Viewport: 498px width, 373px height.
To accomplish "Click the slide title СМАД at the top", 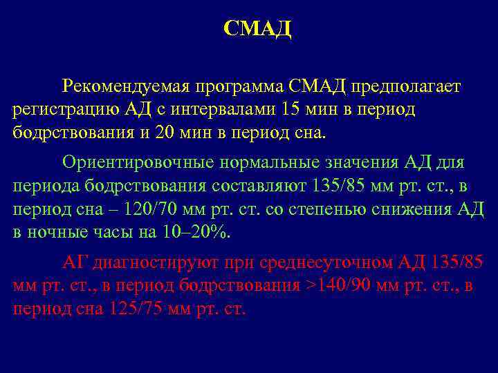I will pyautogui.click(x=258, y=29).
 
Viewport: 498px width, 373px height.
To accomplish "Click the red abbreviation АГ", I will pyautogui.click(x=73, y=263).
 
